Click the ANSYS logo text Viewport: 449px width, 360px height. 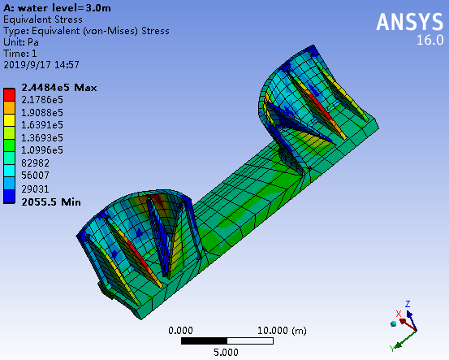[410, 22]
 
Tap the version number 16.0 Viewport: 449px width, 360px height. [430, 40]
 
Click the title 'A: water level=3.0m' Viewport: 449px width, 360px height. [57, 8]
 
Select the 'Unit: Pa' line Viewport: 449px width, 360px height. [21, 42]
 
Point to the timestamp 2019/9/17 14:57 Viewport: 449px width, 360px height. [41, 65]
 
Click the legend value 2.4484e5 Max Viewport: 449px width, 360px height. [59, 88]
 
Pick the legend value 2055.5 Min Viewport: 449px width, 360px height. [51, 202]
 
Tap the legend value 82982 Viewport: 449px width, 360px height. [35, 163]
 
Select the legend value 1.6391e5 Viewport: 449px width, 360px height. [42, 125]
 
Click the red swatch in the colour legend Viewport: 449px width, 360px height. [9, 95]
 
